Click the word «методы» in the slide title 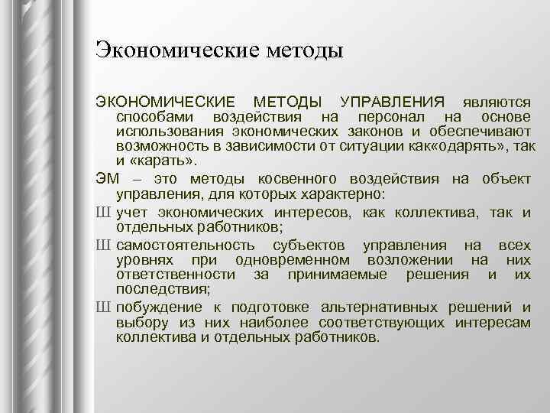coord(302,51)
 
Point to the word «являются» coord(493,102)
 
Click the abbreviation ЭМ coord(107,178)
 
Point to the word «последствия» coord(161,289)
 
